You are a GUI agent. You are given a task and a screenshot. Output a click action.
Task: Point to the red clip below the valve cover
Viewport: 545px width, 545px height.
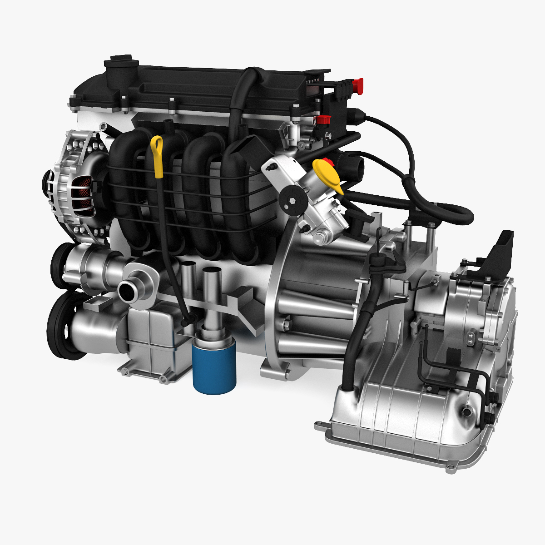pyautogui.click(x=322, y=120)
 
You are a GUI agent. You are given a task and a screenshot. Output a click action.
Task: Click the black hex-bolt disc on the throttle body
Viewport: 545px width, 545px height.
pyautogui.click(x=290, y=203)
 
